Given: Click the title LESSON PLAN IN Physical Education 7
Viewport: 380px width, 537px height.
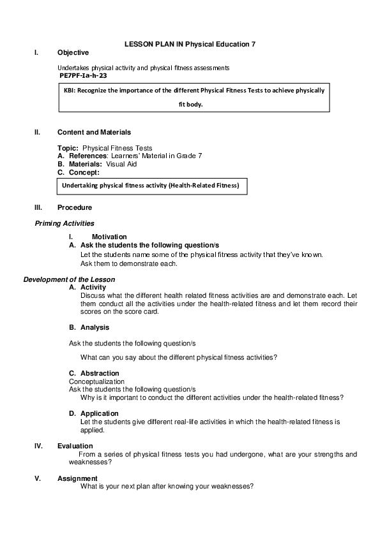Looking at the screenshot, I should [x=190, y=44].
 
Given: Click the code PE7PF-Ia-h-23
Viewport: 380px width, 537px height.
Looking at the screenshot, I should [x=83, y=75].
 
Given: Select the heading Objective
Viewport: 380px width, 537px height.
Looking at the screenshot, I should [x=73, y=52].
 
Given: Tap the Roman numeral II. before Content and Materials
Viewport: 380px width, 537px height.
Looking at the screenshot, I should [x=38, y=132].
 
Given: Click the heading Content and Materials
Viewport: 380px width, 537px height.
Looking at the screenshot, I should [x=94, y=132].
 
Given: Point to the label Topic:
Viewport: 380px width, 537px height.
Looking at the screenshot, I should [x=68, y=148].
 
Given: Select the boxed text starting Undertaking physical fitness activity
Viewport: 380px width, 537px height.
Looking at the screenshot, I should [x=150, y=186].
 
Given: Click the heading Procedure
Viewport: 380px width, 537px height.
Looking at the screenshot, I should [x=75, y=207].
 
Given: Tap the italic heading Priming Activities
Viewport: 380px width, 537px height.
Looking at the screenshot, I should [x=65, y=223].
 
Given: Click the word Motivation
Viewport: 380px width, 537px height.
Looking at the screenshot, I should [x=109, y=237].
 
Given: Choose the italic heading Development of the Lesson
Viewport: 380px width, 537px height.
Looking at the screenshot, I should [x=69, y=280].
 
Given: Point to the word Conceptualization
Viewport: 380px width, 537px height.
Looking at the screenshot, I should [x=96, y=381].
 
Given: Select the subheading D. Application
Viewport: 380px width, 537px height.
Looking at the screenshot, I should [x=94, y=413].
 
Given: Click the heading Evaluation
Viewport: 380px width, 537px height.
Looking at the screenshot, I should [x=75, y=446].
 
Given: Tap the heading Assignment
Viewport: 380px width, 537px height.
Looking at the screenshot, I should [x=77, y=478].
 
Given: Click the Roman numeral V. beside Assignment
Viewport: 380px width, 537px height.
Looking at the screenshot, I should [x=37, y=478].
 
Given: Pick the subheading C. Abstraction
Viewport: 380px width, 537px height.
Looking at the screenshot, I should [x=94, y=373].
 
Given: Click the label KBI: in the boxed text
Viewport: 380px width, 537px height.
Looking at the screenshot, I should [x=70, y=91].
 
